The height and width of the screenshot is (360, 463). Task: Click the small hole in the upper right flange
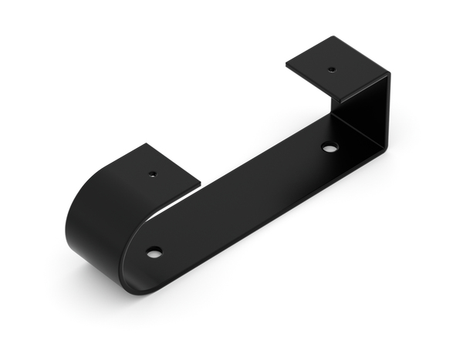(x=332, y=69)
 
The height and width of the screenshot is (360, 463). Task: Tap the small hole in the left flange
(x=153, y=173)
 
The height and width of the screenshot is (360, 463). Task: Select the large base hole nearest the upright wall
(x=330, y=146)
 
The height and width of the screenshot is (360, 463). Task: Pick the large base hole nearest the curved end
(x=154, y=252)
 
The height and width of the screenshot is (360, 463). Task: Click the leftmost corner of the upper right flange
(x=286, y=65)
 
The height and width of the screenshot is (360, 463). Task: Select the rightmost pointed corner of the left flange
(x=201, y=183)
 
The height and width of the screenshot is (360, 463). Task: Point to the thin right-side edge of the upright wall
(x=387, y=112)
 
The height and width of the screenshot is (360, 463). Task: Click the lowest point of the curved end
(x=123, y=291)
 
